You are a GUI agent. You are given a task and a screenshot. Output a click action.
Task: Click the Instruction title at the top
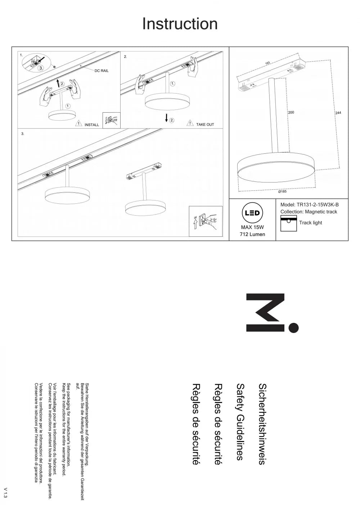(180, 24)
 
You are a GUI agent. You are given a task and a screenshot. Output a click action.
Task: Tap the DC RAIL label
(102, 71)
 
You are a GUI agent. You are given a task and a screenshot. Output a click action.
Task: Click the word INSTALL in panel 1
(92, 125)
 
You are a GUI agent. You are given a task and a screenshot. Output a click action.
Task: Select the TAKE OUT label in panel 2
(205, 125)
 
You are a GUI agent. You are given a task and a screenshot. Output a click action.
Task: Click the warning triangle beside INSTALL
(78, 123)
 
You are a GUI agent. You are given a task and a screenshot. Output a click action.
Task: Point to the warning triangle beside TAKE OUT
(190, 123)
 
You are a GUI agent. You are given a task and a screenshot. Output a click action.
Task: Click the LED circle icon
(252, 213)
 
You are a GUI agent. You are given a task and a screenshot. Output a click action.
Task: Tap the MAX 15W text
(252, 227)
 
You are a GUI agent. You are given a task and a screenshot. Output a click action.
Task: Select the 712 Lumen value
(252, 234)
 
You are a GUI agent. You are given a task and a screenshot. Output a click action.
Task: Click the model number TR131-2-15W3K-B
(318, 205)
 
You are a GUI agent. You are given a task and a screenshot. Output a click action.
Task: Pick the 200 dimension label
(291, 112)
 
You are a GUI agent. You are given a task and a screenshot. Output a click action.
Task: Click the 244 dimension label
(338, 113)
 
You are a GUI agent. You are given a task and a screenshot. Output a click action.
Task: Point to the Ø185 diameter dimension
(282, 191)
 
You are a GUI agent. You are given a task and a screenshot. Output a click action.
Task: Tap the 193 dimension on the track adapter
(267, 63)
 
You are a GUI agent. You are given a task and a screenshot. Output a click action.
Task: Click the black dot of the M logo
(293, 327)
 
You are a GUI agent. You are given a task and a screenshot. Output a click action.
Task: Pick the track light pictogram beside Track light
(289, 223)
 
